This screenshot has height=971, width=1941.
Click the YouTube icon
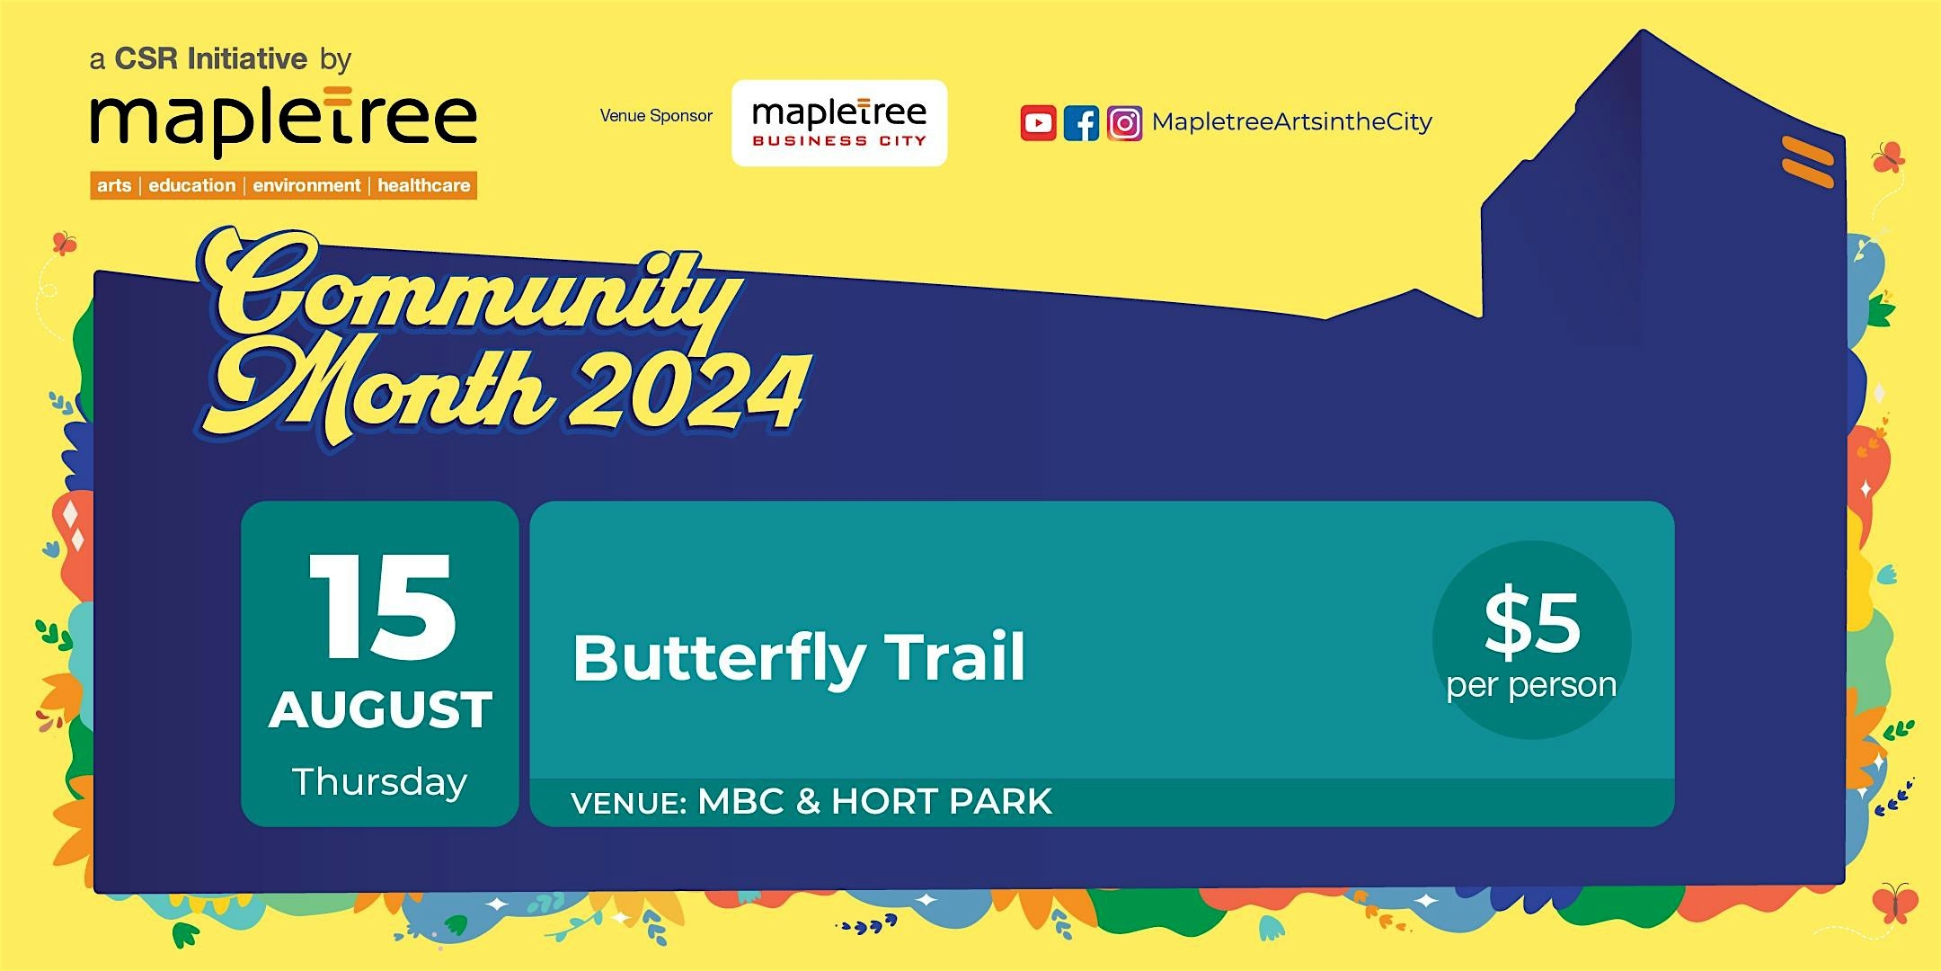pyautogui.click(x=1038, y=123)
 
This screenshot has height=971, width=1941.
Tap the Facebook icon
pyautogui.click(x=1081, y=123)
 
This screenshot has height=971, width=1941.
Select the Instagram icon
pyautogui.click(x=1124, y=123)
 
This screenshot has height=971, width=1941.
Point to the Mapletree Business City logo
pyautogui.click(x=839, y=123)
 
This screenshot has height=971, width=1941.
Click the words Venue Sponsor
pyautogui.click(x=656, y=116)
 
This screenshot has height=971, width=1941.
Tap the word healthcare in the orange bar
pyautogui.click(x=423, y=185)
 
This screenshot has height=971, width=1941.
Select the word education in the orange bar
pyautogui.click(x=192, y=185)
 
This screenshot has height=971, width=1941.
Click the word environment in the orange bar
pyautogui.click(x=306, y=185)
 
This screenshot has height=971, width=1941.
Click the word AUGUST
pyautogui.click(x=381, y=710)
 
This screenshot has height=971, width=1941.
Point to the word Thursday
pyautogui.click(x=380, y=782)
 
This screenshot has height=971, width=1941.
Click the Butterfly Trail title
pyautogui.click(x=799, y=658)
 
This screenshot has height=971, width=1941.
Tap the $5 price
pyautogui.click(x=1532, y=622)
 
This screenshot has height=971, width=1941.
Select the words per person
pyautogui.click(x=1531, y=686)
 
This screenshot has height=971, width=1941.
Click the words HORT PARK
pyautogui.click(x=942, y=801)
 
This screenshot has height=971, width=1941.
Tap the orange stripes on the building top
pyautogui.click(x=1808, y=162)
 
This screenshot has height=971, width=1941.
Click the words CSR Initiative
pyautogui.click(x=211, y=59)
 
